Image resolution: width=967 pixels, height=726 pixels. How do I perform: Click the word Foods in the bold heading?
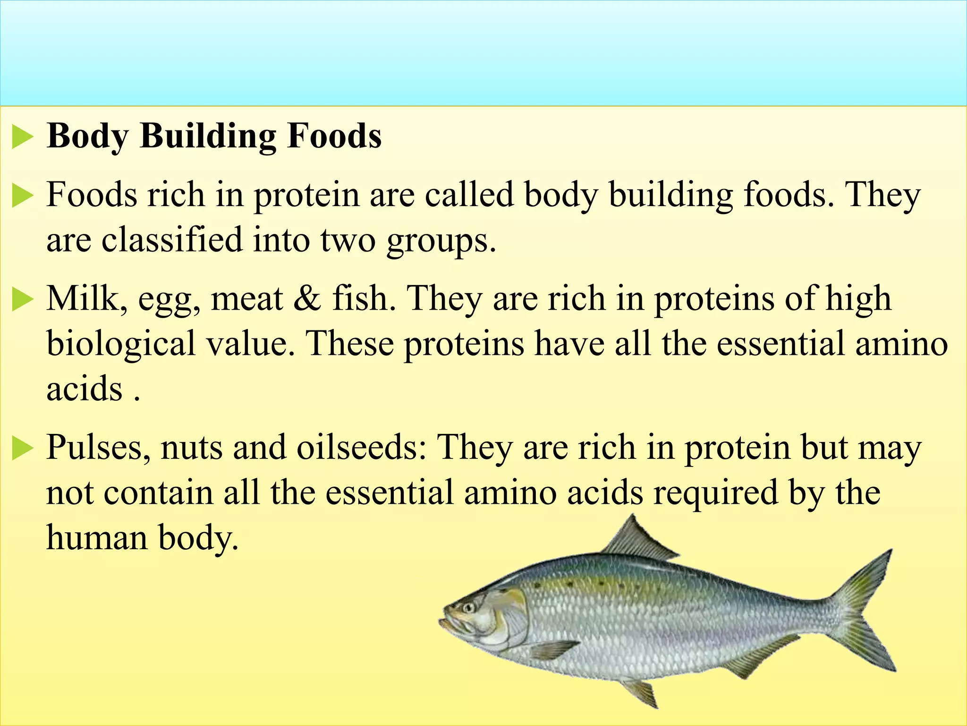tap(334, 136)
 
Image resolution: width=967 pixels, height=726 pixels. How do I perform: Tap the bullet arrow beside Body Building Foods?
tap(22, 137)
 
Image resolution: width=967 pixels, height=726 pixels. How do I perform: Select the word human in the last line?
tap(96, 538)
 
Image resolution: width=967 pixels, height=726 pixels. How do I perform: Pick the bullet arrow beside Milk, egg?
tap(22, 300)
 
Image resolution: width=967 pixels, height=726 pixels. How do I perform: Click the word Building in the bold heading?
tap(208, 136)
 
